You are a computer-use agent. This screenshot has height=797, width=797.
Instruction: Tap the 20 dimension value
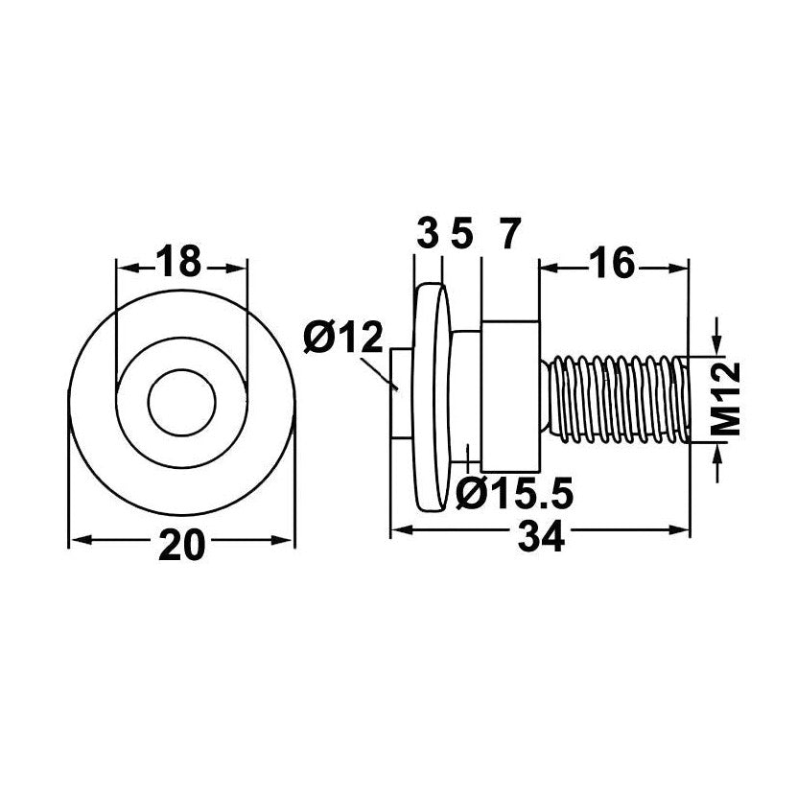pos(181,545)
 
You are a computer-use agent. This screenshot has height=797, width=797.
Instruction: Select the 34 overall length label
pos(541,536)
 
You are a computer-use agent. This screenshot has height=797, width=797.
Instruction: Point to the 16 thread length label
pos(614,262)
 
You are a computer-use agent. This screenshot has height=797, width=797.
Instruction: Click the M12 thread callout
pos(725,398)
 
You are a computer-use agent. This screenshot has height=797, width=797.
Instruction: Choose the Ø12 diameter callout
pos(342,338)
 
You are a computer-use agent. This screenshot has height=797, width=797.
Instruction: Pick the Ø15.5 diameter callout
pos(514,493)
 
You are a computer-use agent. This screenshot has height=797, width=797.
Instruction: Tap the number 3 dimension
pos(428,233)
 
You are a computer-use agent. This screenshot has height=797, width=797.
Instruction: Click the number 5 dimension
pos(461,233)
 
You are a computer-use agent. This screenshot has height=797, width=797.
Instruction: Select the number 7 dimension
pos(510,233)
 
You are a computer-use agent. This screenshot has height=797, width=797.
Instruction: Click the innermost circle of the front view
pos(181,402)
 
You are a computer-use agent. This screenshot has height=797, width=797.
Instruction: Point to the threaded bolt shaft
pos(616,399)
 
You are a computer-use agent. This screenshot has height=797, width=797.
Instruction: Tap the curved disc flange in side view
pos(433,397)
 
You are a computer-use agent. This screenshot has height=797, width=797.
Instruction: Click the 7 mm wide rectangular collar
pos(510,396)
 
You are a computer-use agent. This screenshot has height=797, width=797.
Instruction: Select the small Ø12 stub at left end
pos(402,393)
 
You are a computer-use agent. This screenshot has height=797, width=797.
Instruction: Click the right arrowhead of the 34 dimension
pos(679,530)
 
